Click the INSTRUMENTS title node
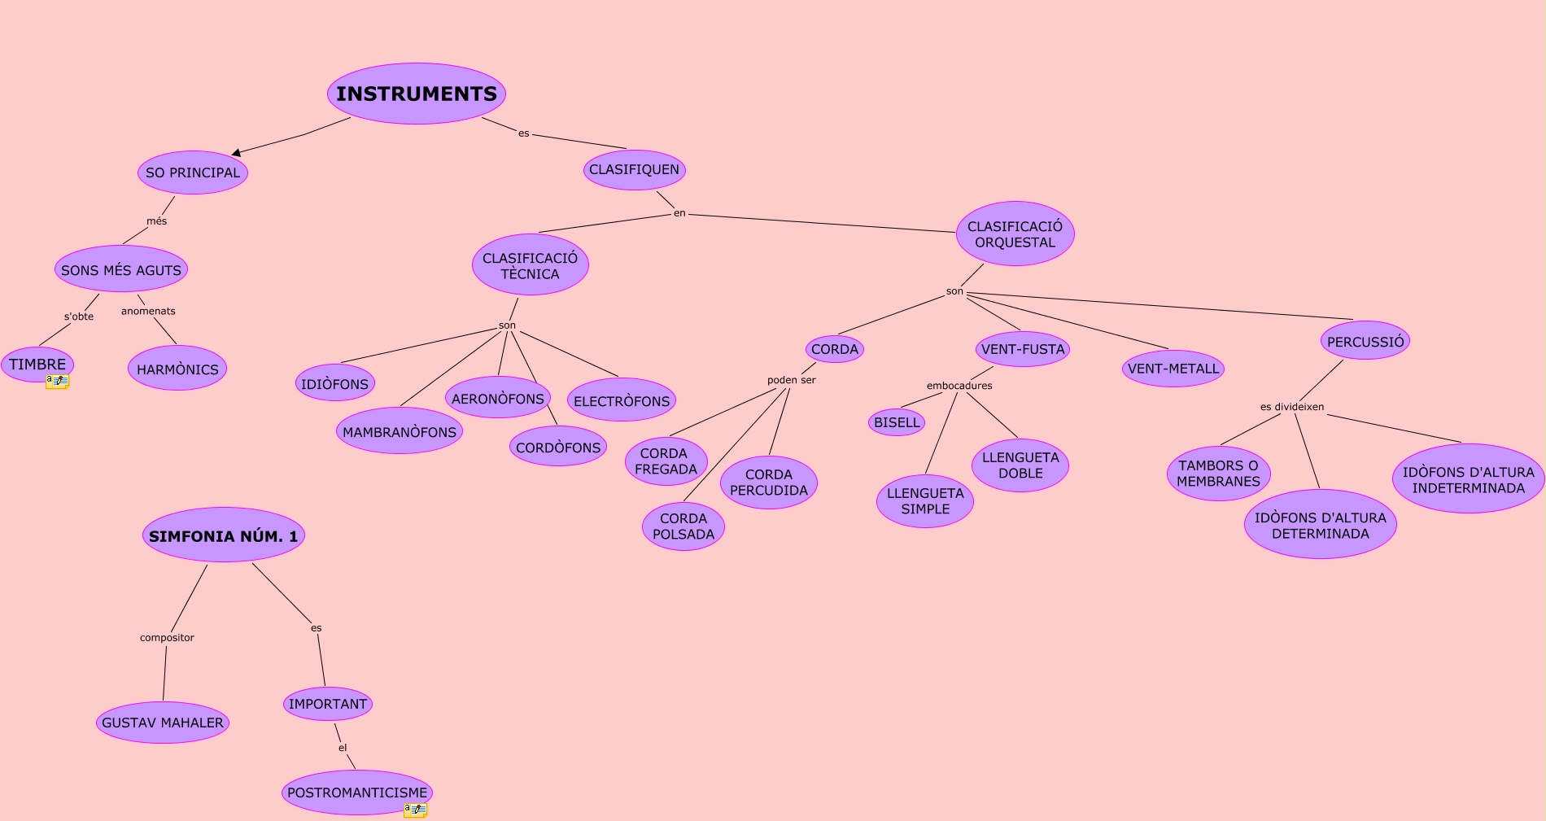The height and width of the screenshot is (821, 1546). coord(417,94)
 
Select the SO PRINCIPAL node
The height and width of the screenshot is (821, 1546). coord(193,172)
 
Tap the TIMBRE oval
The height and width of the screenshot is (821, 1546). coord(37,364)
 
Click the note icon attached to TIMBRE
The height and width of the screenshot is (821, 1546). coord(57,381)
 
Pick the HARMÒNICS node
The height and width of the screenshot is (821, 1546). coord(177,369)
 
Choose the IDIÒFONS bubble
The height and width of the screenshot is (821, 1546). coord(334,383)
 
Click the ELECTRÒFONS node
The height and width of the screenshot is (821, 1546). coord(622,400)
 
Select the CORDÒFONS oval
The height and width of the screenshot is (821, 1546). coord(558,447)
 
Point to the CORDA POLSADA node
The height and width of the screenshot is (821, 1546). coord(683,526)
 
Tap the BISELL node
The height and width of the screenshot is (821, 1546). coord(897,422)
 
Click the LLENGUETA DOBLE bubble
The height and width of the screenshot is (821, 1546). coord(1020,465)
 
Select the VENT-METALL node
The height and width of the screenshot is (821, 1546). coord(1173,369)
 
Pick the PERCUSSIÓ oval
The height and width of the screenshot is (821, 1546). coord(1365,341)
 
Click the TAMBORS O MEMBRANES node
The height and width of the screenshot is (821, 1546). coord(1218,474)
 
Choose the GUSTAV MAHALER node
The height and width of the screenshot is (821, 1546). coord(163,723)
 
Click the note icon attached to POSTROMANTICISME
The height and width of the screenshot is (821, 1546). coord(415,810)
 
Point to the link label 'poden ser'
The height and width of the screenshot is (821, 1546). coord(791,380)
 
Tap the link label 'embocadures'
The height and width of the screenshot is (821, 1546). coord(959,386)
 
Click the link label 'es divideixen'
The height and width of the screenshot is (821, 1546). coord(1292,407)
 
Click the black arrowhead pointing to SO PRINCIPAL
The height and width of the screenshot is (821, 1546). coord(236,152)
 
